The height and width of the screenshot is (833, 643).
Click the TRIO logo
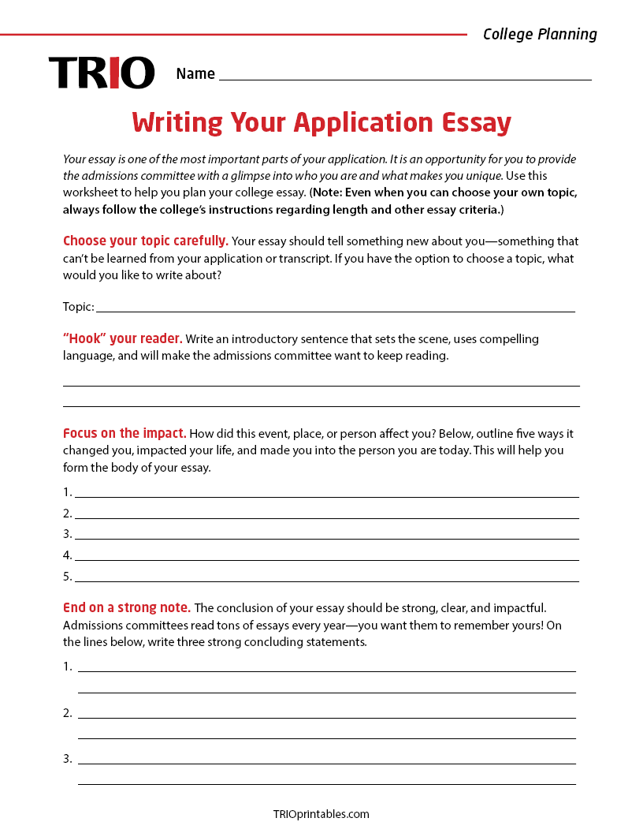(102, 73)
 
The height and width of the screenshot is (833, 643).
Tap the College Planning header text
(540, 34)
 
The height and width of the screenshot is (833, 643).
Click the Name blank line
(405, 77)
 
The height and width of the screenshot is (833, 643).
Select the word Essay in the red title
(475, 123)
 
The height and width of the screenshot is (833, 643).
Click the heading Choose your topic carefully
(146, 241)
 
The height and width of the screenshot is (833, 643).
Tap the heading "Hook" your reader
(123, 339)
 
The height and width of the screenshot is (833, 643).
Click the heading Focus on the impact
(125, 434)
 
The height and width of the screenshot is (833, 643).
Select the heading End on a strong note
(127, 608)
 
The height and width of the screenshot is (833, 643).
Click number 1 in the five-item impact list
(67, 492)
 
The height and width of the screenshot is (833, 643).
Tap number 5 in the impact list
(67, 577)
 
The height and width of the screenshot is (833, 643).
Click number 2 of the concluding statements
(67, 713)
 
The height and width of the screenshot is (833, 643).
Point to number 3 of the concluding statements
(67, 759)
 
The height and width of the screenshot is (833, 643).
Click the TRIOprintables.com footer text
(321, 814)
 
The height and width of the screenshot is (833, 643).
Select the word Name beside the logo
(195, 74)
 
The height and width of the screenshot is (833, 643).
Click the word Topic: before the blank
(79, 307)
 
